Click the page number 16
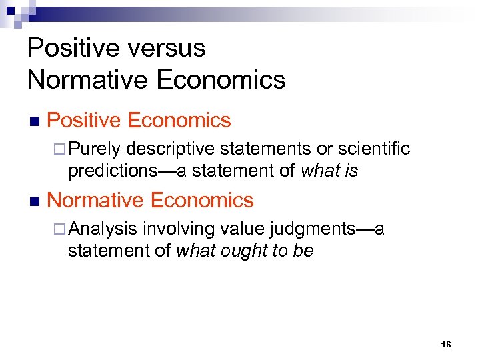[x=446, y=345]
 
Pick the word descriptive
[x=172, y=148]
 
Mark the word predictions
[x=113, y=171]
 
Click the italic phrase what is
[x=329, y=171]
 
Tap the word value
[x=243, y=229]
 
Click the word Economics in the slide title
[x=221, y=81]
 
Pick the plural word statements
[x=269, y=148]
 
